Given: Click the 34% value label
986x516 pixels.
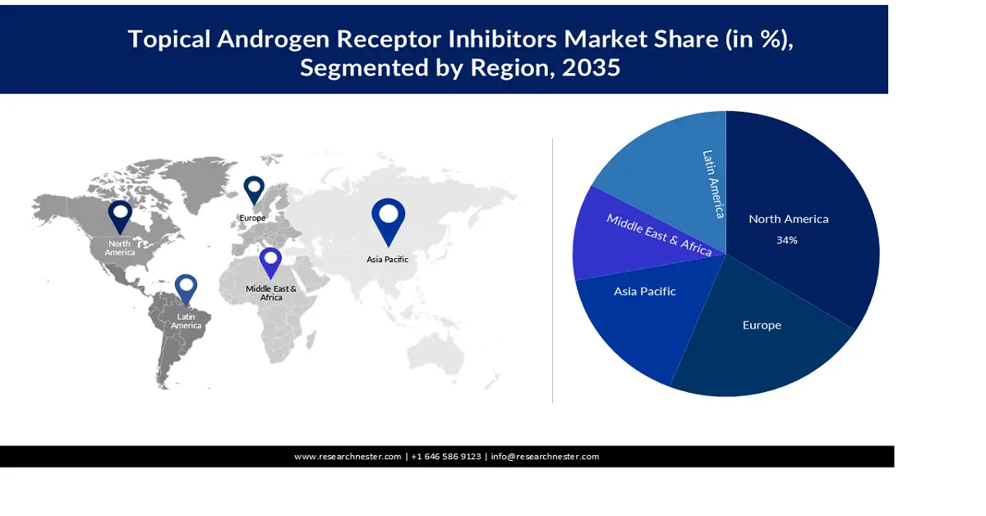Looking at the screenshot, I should [787, 241].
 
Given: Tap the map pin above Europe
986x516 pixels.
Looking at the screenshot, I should [254, 189].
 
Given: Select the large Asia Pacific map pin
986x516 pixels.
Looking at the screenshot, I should [388, 218].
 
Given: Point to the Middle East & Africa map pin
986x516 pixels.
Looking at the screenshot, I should [270, 261].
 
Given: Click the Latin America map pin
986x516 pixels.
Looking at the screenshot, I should [187, 288].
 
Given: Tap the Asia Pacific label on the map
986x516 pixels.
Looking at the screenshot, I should [387, 260].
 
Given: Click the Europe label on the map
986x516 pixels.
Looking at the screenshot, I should [252, 218].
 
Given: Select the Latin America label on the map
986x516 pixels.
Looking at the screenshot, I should [186, 321].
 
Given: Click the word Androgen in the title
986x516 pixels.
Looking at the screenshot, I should [272, 39].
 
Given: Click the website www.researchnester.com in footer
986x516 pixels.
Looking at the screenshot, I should [348, 457].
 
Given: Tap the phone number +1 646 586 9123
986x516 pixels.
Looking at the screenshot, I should [446, 457].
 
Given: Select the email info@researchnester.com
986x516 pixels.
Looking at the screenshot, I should [545, 457].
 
